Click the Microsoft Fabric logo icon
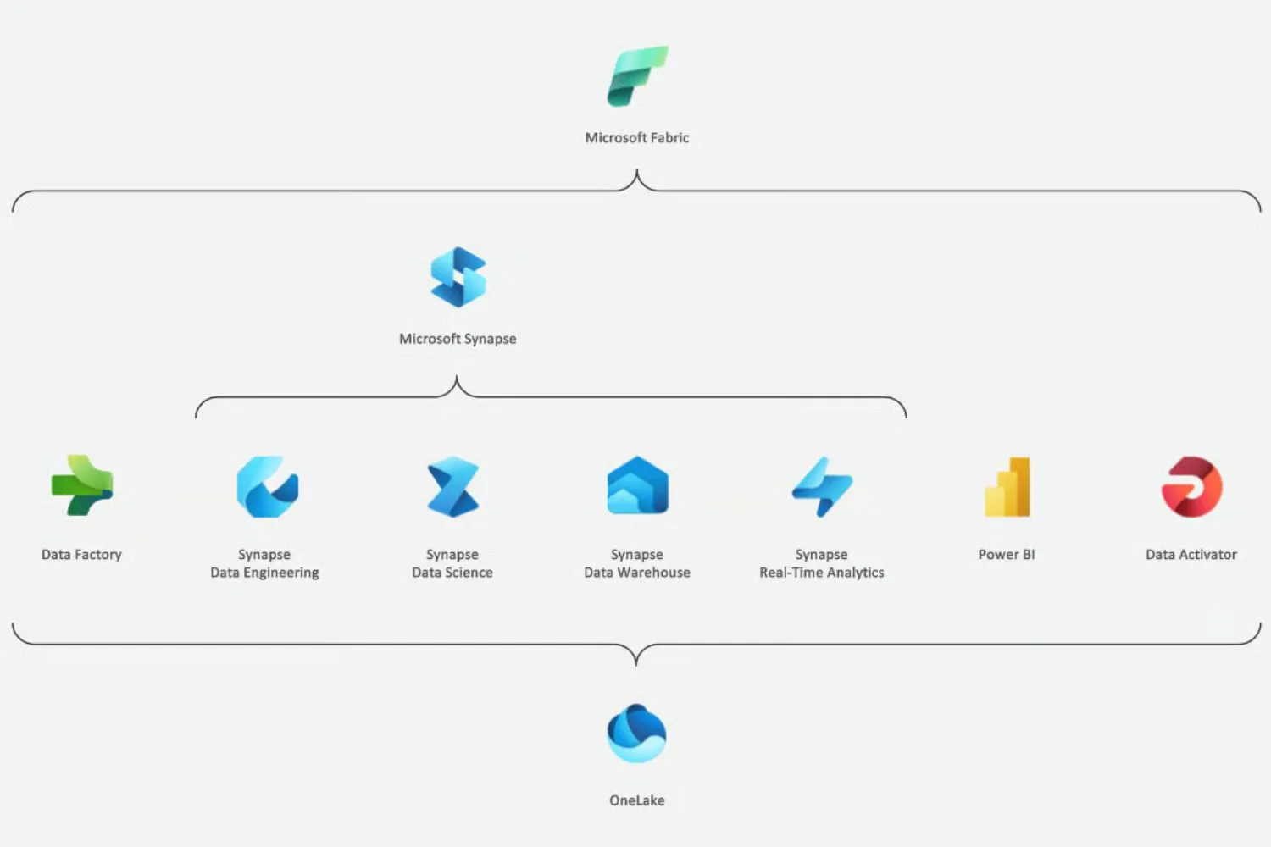(x=637, y=76)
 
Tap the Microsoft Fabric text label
(x=637, y=137)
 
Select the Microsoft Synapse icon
(x=458, y=277)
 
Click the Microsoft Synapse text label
(x=458, y=339)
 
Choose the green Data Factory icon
(x=81, y=486)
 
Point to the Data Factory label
(x=81, y=555)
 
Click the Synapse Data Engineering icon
(x=267, y=487)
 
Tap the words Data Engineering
(x=264, y=573)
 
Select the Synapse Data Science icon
(x=453, y=487)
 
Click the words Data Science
(x=452, y=573)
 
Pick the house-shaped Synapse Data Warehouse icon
(x=637, y=486)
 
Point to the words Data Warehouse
(x=637, y=573)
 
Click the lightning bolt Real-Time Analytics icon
(x=822, y=487)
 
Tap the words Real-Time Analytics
(x=822, y=573)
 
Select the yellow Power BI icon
(x=1007, y=487)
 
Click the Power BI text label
(x=1007, y=555)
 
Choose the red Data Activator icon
(x=1191, y=487)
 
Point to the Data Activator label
(x=1191, y=555)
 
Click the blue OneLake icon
(x=637, y=734)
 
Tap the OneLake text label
(x=637, y=800)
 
